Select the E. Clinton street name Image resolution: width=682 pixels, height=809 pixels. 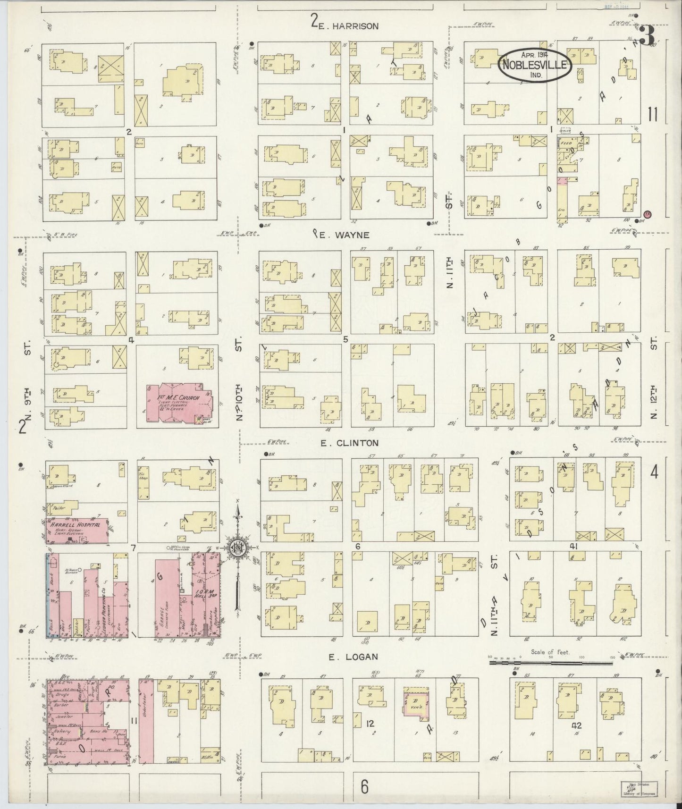pos(349,443)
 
